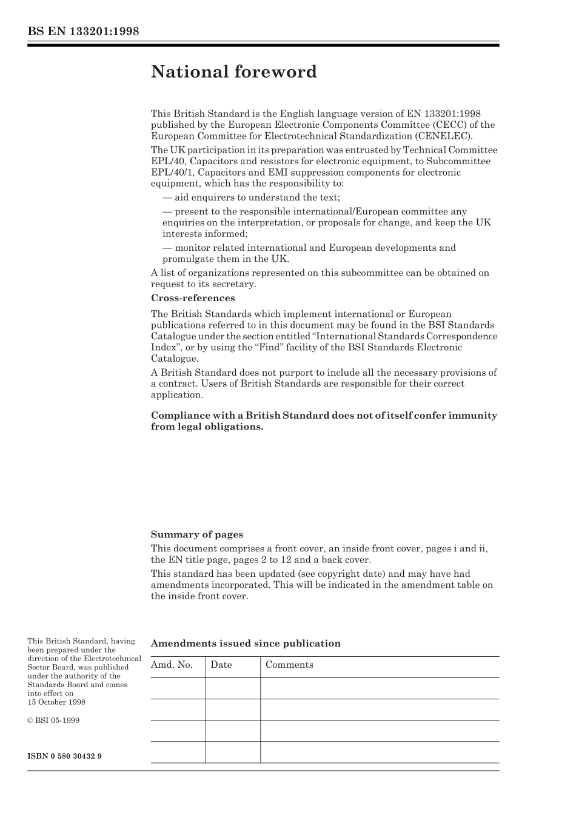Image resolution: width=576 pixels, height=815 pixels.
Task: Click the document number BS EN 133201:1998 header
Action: [x=83, y=32]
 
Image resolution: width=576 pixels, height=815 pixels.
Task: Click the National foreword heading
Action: [x=233, y=72]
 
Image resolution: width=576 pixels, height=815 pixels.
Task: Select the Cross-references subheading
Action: [x=192, y=298]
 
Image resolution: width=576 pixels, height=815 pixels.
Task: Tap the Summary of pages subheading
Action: [x=196, y=534]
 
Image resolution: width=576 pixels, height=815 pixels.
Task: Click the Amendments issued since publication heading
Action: [x=245, y=644]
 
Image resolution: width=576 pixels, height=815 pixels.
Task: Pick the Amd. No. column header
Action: [x=172, y=665]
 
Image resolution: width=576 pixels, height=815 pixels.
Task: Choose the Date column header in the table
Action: [x=221, y=665]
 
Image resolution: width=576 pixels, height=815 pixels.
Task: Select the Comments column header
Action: [x=289, y=665]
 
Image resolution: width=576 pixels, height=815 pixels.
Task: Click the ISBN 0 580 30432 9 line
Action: [x=64, y=756]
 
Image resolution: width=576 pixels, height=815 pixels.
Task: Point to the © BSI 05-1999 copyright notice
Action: [x=53, y=720]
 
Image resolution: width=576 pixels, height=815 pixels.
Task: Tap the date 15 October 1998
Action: [x=56, y=702]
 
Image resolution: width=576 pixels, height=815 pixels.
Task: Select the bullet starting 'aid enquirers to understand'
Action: [x=251, y=198]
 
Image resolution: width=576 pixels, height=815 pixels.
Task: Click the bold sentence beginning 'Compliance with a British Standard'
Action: [x=324, y=421]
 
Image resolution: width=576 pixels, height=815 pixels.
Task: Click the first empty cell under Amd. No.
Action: [x=178, y=688]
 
